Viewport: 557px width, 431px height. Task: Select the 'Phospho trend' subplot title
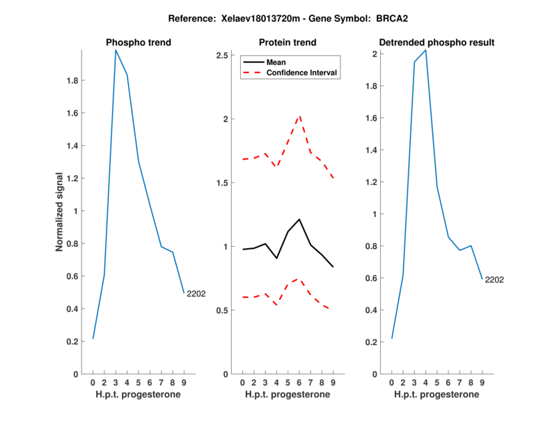139,43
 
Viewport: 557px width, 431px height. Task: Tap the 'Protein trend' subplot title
288,43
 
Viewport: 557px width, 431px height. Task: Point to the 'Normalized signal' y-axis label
60,212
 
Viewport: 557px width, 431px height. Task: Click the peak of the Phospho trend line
116,50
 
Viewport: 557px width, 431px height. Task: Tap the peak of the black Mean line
299,219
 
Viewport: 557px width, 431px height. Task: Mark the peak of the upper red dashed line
299,116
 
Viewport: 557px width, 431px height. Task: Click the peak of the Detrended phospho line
425,50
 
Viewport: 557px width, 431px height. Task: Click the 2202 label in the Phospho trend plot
196,294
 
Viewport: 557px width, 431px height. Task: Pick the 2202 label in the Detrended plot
494,280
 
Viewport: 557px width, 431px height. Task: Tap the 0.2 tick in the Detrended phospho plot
374,342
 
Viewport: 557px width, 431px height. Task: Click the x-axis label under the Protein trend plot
288,395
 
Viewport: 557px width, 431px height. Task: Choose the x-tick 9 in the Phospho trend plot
184,382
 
